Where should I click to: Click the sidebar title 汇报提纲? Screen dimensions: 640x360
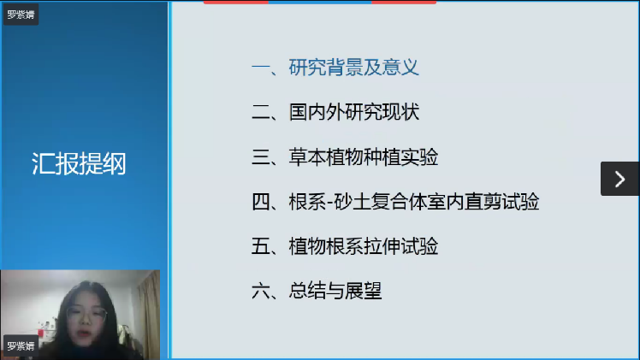tap(79, 164)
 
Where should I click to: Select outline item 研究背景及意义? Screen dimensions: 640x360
tap(354, 68)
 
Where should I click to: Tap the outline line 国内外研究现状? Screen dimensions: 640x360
tap(354, 112)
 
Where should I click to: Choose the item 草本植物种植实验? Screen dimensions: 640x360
tap(364, 157)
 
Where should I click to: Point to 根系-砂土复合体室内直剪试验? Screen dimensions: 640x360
tap(414, 202)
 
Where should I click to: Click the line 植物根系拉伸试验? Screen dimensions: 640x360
tap(364, 246)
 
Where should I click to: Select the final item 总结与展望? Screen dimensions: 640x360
tap(335, 291)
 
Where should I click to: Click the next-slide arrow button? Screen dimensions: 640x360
tap(619, 179)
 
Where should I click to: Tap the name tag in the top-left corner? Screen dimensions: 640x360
tap(21, 15)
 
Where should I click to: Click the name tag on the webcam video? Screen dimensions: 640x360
tap(21, 346)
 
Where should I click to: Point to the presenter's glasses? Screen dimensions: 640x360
tap(87, 315)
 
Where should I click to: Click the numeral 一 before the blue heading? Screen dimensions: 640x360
tap(261, 68)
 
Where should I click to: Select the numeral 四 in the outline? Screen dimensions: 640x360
tap(261, 202)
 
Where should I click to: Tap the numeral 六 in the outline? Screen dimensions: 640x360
tap(261, 292)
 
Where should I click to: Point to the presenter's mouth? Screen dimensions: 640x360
tap(85, 333)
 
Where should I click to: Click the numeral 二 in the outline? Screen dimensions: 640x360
tap(261, 113)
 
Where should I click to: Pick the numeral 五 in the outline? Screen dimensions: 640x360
tap(261, 246)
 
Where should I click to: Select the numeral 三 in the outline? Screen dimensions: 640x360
tap(261, 157)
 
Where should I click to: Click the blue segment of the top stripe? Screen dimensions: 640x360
tap(320, 2)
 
